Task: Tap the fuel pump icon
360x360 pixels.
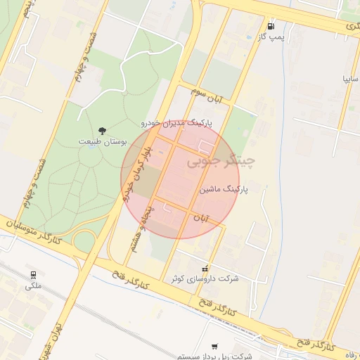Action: coord(271,25)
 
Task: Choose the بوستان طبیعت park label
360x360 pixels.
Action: coord(103,141)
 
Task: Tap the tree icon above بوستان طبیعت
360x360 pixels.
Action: coord(103,130)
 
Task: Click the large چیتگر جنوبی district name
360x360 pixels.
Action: coord(221,162)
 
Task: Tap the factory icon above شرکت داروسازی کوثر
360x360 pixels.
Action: coord(205,268)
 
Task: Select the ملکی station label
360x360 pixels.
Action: coord(33,285)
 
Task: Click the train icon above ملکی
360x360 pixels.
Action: coord(33,274)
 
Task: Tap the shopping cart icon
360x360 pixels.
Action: coord(214,346)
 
